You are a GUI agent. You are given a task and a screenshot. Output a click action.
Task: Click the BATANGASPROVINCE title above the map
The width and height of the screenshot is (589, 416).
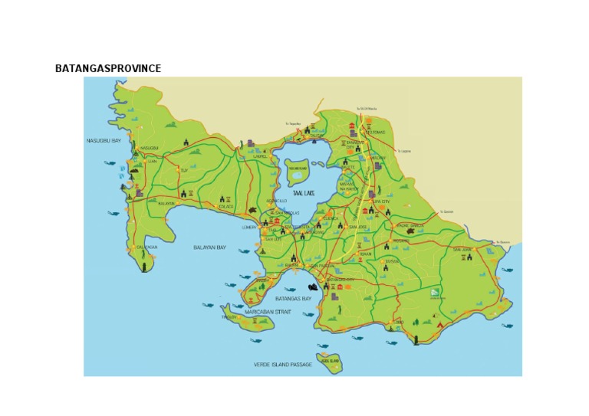tap(108, 69)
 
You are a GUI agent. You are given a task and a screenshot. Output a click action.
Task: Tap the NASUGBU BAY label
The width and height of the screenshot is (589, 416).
tap(104, 141)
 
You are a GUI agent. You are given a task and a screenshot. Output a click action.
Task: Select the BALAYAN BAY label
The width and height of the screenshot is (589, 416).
tap(210, 247)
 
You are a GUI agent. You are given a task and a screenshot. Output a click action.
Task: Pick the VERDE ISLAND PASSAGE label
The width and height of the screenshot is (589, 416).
tap(283, 365)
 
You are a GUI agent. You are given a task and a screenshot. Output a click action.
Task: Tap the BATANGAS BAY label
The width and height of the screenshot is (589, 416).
tap(294, 298)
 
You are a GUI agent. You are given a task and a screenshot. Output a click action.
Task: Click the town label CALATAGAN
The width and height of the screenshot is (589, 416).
tap(146, 247)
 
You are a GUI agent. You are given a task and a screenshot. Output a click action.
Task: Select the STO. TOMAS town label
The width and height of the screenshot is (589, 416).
tap(375, 132)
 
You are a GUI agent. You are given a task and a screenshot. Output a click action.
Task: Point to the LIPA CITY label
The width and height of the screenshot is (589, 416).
tap(380, 202)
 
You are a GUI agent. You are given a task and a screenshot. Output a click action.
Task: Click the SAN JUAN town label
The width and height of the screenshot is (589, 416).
tap(462, 250)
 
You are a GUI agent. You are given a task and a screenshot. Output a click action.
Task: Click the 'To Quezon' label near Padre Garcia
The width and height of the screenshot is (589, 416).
tap(447, 212)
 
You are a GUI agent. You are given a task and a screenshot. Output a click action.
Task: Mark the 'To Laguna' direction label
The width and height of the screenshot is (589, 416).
tap(404, 151)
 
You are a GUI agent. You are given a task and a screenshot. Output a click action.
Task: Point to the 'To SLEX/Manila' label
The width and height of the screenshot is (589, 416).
tap(367, 109)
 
